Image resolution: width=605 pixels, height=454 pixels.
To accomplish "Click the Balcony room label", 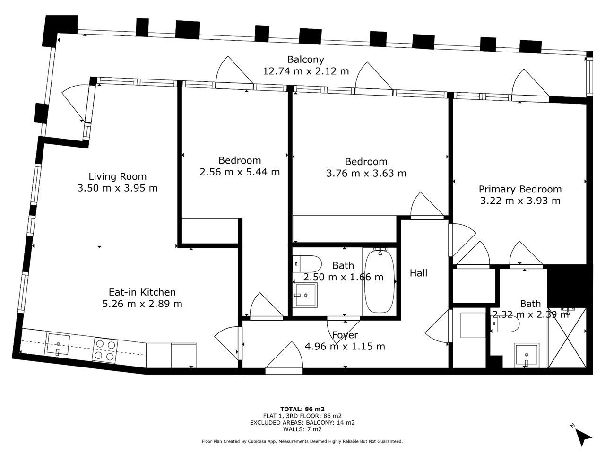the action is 305,60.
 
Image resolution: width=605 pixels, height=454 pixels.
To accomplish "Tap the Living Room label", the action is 117,176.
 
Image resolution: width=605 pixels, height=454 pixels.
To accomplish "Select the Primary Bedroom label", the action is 520,189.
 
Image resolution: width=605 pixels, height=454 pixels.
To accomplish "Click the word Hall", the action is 418,273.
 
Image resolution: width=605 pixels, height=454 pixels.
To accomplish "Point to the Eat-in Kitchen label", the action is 142,292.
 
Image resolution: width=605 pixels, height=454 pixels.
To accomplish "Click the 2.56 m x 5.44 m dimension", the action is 240,172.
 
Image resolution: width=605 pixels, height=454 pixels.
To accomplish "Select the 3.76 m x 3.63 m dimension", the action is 366,173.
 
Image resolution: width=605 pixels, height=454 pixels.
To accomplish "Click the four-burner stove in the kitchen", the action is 105,350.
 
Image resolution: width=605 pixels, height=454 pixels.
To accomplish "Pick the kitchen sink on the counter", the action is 58,345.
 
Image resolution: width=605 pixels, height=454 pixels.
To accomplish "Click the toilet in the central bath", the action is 307,264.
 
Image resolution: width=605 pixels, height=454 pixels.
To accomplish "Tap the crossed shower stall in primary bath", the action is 567,337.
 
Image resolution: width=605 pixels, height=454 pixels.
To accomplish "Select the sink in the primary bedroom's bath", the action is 527,355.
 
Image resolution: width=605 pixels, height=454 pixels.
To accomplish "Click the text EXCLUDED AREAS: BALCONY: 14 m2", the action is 302,422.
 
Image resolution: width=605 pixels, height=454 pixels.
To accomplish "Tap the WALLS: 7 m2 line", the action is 302,429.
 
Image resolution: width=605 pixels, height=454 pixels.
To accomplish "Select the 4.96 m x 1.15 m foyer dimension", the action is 345,346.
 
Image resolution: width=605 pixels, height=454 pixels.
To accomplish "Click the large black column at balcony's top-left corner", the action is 60,30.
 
